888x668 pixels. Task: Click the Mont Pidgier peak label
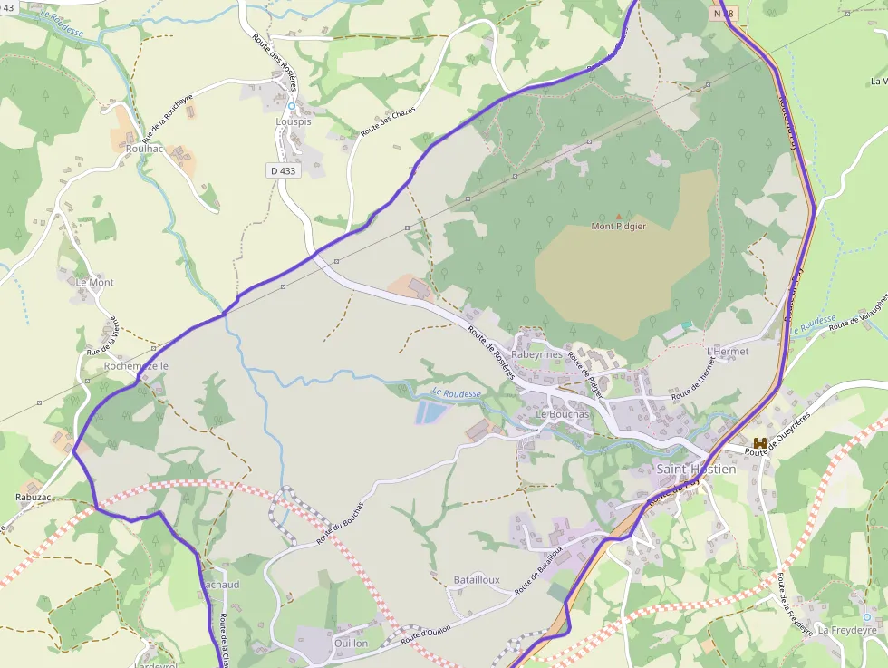619,227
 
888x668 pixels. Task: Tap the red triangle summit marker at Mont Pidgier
619,217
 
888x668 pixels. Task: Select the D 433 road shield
283,170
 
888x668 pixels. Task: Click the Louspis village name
293,121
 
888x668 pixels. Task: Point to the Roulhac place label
146,149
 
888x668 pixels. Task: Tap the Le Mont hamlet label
95,283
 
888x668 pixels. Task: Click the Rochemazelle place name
136,366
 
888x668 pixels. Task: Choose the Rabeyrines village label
537,354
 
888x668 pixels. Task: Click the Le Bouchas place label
563,414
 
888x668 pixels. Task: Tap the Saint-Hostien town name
695,470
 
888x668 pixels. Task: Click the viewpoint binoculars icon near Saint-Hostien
760,442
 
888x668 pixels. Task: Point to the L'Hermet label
728,351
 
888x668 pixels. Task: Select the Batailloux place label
477,579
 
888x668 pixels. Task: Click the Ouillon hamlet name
352,643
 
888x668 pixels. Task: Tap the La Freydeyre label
847,629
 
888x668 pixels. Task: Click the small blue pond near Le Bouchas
432,413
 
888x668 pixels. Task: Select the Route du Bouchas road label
340,524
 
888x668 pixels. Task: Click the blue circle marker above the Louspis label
292,106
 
